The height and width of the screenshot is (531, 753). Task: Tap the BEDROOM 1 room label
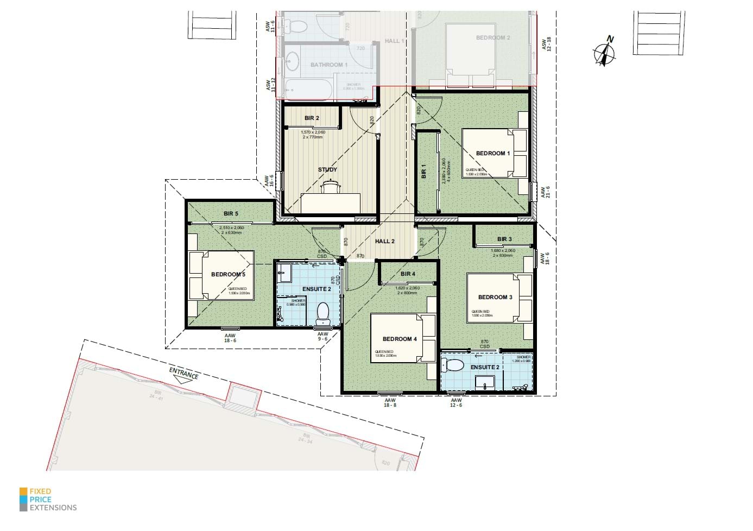(492, 154)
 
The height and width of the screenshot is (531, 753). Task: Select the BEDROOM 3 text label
(495, 297)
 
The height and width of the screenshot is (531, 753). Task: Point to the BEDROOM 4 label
(400, 339)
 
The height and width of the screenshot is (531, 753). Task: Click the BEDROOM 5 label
(228, 274)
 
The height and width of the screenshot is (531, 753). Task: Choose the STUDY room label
(327, 169)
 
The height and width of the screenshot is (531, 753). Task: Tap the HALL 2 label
(384, 241)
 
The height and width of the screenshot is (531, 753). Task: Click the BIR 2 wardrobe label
(312, 118)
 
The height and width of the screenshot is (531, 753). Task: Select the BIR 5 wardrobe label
(231, 213)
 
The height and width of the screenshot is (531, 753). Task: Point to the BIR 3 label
(504, 239)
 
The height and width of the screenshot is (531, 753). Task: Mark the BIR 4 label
(408, 274)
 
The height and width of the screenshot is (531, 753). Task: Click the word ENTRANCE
(183, 373)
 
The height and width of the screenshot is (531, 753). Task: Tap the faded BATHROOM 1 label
(329, 65)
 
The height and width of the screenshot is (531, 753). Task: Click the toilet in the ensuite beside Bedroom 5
(322, 313)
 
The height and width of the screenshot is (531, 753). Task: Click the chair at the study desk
(331, 187)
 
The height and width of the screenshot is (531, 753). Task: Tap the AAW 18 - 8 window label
(390, 402)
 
